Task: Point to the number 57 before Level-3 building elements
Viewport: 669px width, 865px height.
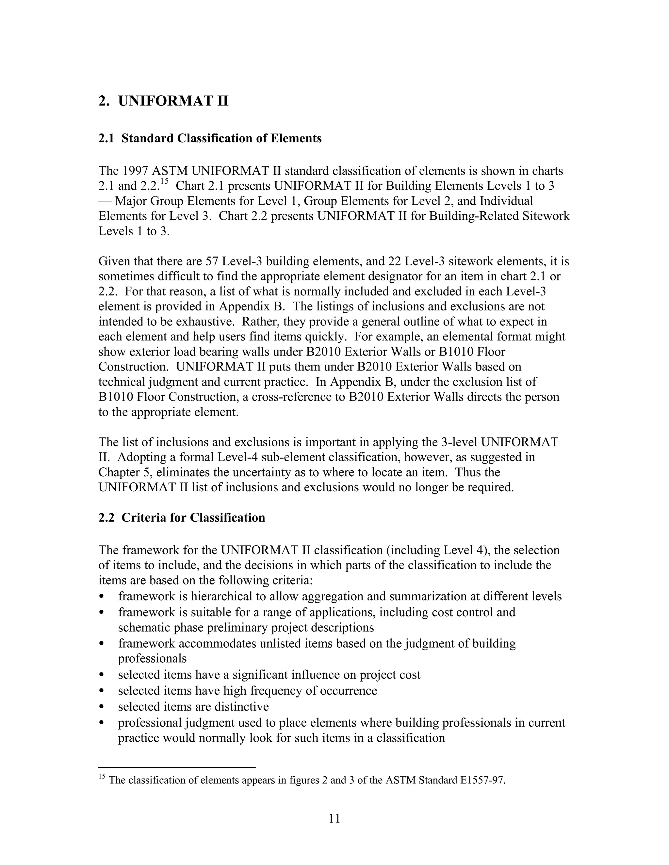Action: tap(212, 261)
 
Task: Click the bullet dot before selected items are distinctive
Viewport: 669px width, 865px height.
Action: tap(102, 707)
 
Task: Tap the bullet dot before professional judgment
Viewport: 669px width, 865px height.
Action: tap(102, 723)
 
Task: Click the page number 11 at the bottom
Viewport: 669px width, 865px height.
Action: tap(334, 818)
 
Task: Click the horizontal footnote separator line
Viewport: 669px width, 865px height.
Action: tap(177, 767)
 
